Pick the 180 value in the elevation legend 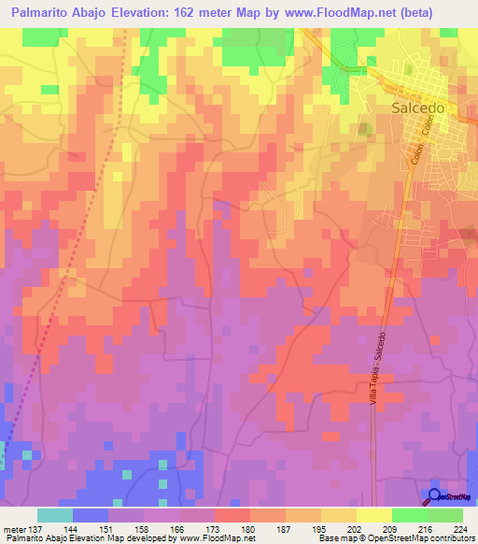point(249,528)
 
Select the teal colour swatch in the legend point(55,515)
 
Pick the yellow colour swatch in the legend point(373,515)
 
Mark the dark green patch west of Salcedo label point(365,129)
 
